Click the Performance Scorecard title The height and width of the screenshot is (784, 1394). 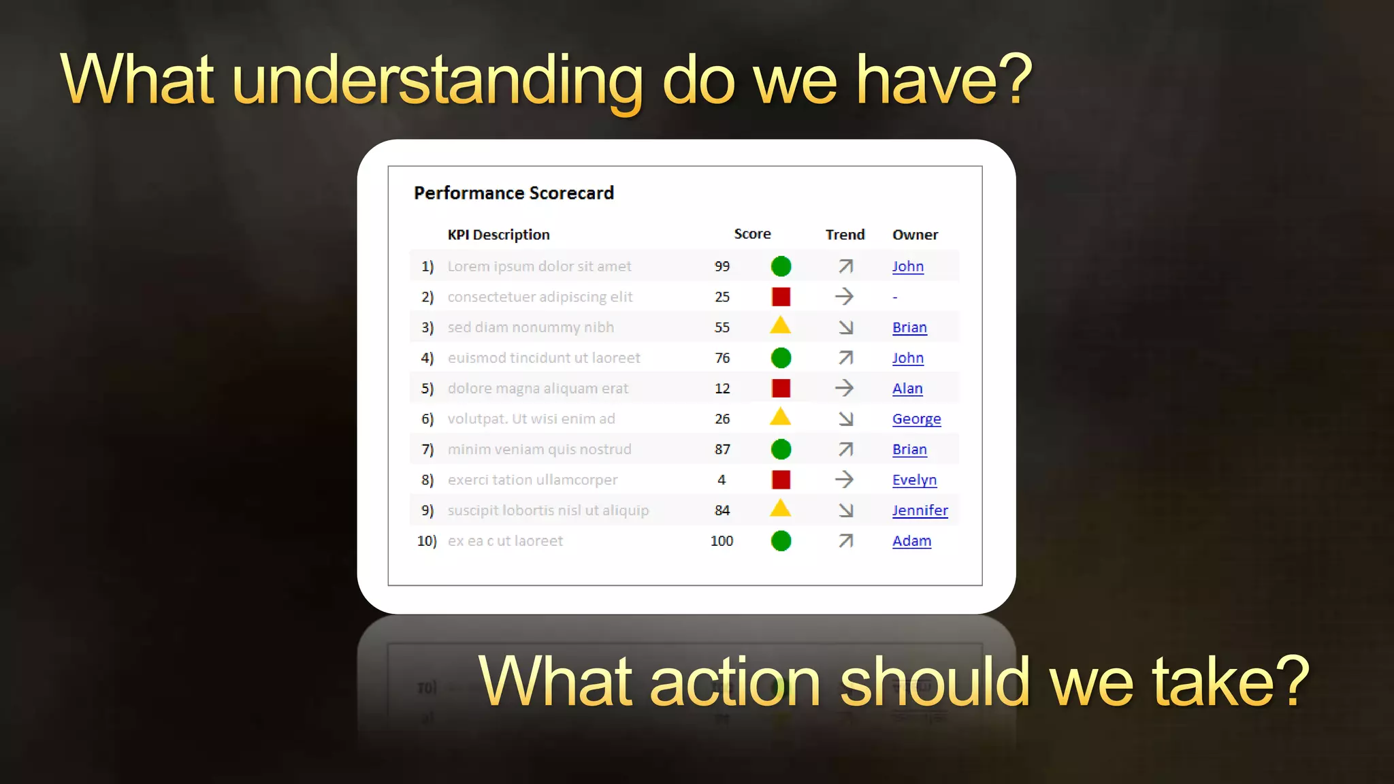coord(514,193)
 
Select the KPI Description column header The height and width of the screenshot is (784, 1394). coord(498,235)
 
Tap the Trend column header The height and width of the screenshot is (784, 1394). coord(845,235)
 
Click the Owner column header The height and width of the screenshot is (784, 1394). coord(915,235)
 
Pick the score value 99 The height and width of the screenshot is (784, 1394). coord(722,267)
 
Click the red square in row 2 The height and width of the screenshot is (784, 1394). coord(781,297)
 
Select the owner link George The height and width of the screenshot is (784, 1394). coord(916,419)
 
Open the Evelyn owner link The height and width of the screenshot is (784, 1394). coord(914,480)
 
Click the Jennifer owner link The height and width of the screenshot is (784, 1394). coord(920,510)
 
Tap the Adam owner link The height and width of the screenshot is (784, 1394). coord(911,541)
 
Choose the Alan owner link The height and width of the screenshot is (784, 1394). coord(907,389)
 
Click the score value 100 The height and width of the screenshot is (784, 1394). coord(722,541)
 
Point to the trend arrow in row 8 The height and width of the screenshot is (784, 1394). coord(844,480)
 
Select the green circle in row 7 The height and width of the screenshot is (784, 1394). coord(781,449)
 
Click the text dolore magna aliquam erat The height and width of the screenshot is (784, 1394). coord(538,389)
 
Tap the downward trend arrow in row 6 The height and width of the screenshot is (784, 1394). coord(845,419)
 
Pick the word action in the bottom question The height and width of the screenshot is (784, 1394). coord(734,683)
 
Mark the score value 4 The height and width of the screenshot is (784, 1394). coord(722,480)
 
